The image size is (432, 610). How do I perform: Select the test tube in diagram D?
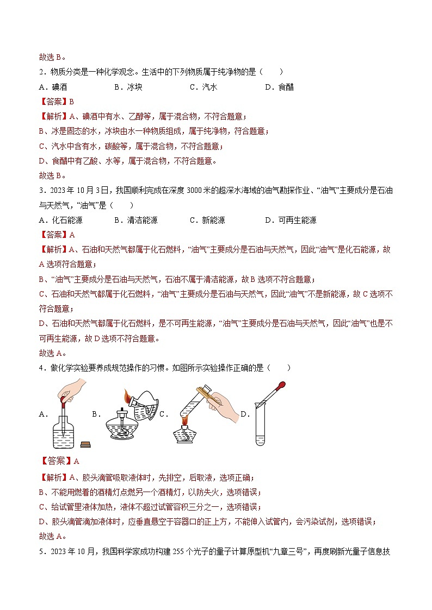point(261,429)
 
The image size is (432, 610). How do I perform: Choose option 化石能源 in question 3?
point(67,220)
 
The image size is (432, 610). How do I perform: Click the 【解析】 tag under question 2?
point(53,116)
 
